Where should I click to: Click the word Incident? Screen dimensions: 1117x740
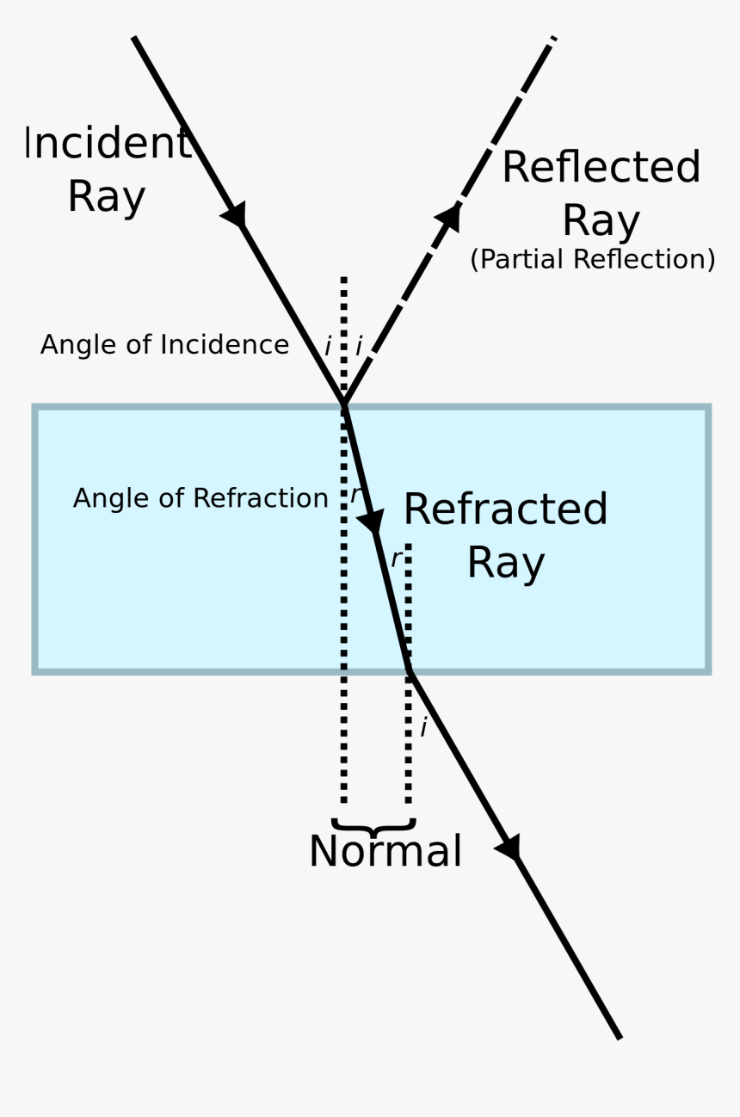(x=107, y=144)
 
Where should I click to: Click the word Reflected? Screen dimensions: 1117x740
(x=601, y=168)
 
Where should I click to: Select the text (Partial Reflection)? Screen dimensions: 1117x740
(x=592, y=259)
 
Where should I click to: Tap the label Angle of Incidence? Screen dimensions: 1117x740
(x=164, y=345)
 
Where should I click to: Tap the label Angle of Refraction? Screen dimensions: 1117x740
(x=200, y=498)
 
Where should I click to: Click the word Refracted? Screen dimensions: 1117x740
(x=505, y=509)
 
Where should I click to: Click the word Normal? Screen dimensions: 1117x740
(x=385, y=852)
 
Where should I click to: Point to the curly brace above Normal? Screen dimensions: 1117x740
(x=373, y=826)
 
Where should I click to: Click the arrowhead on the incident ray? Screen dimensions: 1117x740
(x=236, y=214)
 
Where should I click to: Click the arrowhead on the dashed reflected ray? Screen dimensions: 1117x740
(x=449, y=217)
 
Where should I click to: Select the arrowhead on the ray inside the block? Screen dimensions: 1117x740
(x=372, y=521)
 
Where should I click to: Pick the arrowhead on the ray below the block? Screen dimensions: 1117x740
(x=509, y=847)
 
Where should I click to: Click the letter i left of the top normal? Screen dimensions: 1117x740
(x=328, y=347)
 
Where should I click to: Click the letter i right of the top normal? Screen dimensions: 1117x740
(x=358, y=347)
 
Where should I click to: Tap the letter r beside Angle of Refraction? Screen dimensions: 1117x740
(x=354, y=496)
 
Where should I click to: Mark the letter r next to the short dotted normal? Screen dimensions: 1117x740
(x=395, y=559)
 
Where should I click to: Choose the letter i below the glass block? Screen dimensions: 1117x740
(x=422, y=728)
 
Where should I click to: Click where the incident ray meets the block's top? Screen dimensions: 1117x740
(x=344, y=404)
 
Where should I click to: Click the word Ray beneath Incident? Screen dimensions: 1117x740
(x=107, y=196)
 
